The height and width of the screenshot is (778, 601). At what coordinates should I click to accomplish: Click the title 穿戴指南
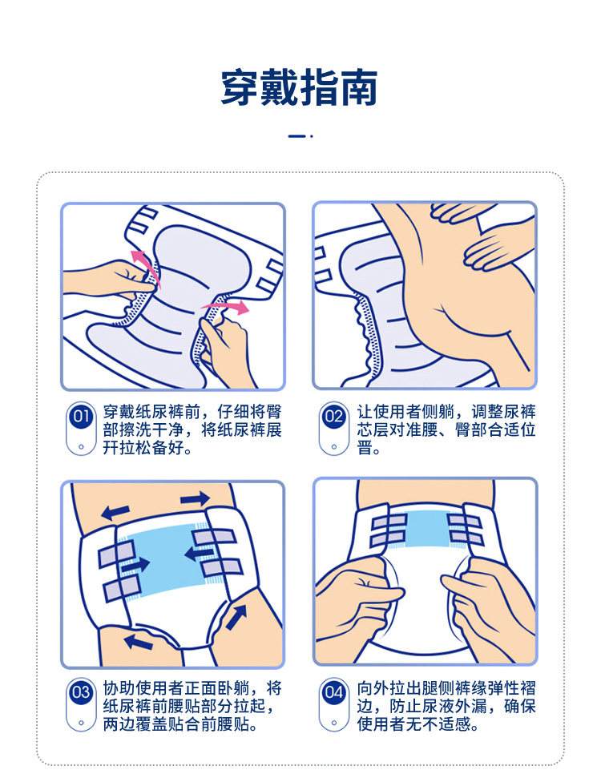coord(299,88)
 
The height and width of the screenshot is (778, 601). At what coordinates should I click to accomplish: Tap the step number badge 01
coord(81,416)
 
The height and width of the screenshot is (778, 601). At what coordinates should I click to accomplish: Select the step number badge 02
coord(333,416)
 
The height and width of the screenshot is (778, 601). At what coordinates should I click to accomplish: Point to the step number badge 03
coord(81,692)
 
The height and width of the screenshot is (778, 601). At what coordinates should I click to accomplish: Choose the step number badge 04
coord(333,692)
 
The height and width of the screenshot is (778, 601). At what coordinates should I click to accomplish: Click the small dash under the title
coord(296,135)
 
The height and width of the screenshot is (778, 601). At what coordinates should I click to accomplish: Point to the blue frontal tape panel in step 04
coord(427,529)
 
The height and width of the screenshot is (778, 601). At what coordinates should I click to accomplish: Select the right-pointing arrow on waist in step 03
coord(195,498)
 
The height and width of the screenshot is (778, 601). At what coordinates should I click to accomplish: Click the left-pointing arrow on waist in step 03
coord(117,513)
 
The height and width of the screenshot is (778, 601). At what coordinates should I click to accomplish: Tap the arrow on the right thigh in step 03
coord(238,618)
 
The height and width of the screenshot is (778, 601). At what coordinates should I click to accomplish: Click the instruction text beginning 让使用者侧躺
coord(446,429)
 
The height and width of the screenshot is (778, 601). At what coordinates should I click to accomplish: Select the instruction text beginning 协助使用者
coord(192,706)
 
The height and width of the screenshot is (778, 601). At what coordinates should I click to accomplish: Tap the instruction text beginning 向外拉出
coord(446,706)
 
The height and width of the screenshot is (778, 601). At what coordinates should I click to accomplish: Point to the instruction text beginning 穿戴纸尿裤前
coord(192,429)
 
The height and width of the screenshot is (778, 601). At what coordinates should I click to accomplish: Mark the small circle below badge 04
coord(333,723)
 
